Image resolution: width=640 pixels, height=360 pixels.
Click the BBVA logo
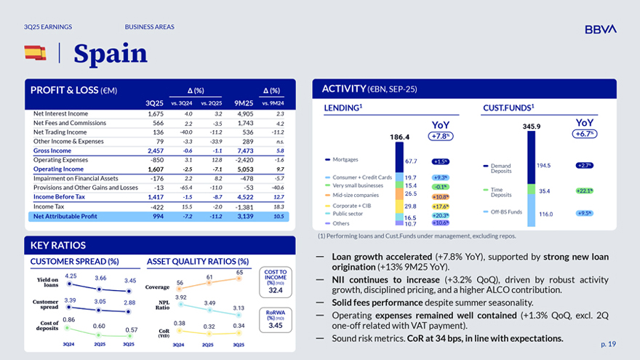[x=600, y=29]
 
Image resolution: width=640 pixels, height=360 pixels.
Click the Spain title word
[x=111, y=53]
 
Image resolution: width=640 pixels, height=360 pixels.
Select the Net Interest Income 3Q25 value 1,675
[x=155, y=114]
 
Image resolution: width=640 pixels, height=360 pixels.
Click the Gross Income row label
[x=52, y=151]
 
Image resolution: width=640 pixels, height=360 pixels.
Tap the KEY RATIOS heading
[x=58, y=246]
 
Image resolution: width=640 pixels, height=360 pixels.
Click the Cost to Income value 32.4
[x=276, y=290]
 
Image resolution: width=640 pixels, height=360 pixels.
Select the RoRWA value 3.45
[x=276, y=325]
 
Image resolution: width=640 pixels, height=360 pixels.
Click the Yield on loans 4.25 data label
[x=71, y=276]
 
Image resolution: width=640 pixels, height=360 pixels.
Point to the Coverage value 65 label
[x=239, y=272]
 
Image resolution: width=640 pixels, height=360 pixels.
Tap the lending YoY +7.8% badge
[x=440, y=136]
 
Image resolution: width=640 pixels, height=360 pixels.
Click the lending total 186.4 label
[x=400, y=137]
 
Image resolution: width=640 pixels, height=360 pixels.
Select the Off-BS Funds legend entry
[x=505, y=212]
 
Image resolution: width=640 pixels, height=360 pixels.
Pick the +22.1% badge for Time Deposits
[x=584, y=191]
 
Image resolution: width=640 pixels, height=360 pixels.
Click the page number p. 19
[x=608, y=343]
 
